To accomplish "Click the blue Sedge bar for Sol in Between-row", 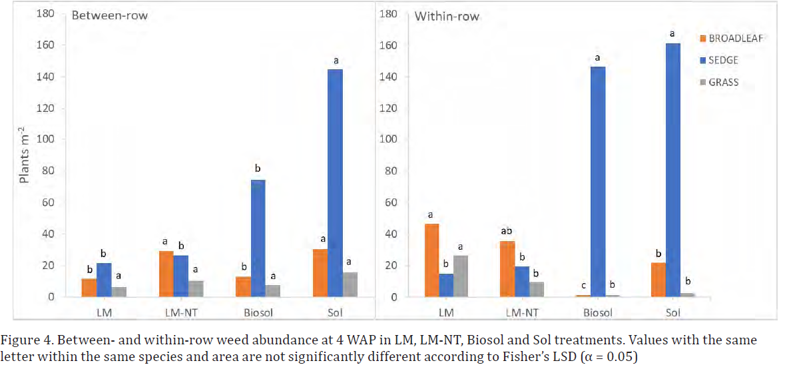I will [x=335, y=183].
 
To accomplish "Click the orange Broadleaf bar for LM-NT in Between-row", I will [x=166, y=274].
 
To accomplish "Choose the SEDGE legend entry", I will [x=723, y=61].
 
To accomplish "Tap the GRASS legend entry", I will [x=723, y=83].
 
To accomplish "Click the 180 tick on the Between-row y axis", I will [x=54, y=14].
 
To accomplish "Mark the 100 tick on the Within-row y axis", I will [x=388, y=140].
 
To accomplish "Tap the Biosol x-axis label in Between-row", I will [x=258, y=312].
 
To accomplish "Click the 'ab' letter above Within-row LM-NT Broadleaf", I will [x=507, y=231].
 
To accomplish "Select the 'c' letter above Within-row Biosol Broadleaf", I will [x=583, y=285].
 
